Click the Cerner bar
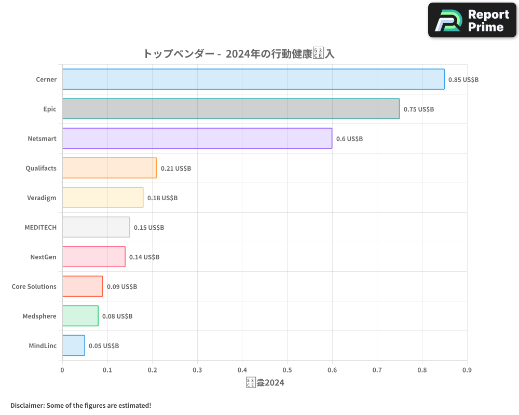click(x=253, y=79)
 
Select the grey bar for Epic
click(x=231, y=109)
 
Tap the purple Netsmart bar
click(x=197, y=139)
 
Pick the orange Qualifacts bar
click(x=110, y=168)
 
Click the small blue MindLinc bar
click(x=74, y=345)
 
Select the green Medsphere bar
click(x=80, y=316)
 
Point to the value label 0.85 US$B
click(x=463, y=80)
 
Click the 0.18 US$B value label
click(x=162, y=198)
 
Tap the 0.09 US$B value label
click(x=122, y=287)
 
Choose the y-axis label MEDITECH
click(x=40, y=228)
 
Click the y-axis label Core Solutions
click(x=34, y=287)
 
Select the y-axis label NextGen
click(x=44, y=257)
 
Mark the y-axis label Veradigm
click(x=42, y=198)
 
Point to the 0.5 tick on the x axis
click(x=287, y=370)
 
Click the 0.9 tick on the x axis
click(x=467, y=370)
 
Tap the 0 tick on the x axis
click(x=62, y=370)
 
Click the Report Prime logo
click(x=472, y=20)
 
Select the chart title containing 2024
click(x=242, y=53)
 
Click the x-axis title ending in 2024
click(x=265, y=383)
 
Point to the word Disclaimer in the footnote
click(x=27, y=405)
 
